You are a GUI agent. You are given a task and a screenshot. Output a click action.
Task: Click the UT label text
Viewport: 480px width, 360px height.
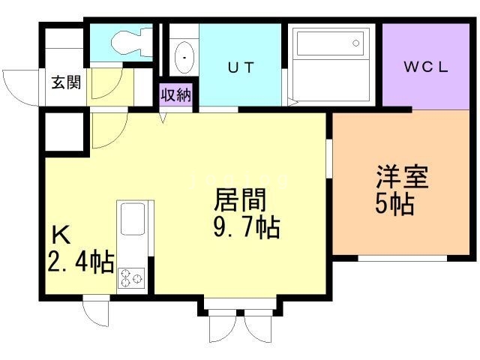point(241,67)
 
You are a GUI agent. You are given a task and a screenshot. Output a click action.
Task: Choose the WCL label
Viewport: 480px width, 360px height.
point(426,67)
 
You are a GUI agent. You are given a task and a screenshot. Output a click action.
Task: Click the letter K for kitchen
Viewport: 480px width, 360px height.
point(60,235)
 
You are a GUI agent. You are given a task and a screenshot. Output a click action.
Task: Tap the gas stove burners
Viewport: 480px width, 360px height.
point(131,277)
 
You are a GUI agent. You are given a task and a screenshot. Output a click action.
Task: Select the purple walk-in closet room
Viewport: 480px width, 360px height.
point(426,66)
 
